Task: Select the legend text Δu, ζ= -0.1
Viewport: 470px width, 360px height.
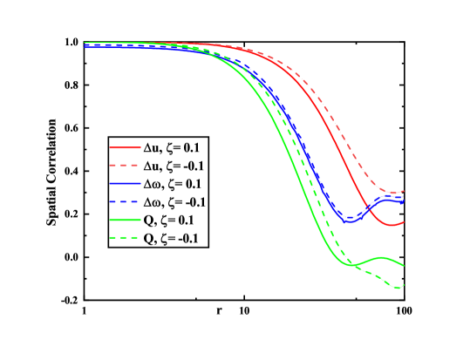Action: click(x=179, y=166)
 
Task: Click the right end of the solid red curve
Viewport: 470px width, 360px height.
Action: click(x=404, y=222)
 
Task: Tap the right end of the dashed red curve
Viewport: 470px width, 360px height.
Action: click(x=404, y=191)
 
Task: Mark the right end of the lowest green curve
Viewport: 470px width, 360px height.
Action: click(x=404, y=285)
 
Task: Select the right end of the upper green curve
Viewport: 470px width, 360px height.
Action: click(x=404, y=264)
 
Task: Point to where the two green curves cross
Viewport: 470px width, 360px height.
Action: click(x=351, y=264)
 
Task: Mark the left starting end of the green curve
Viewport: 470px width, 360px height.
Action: click(x=85, y=43)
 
